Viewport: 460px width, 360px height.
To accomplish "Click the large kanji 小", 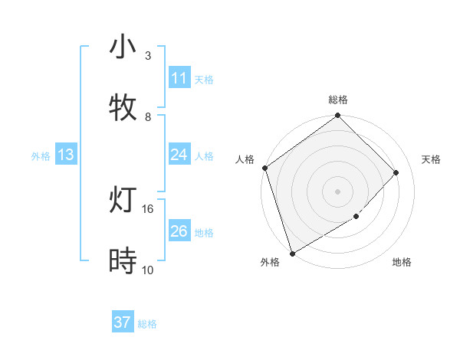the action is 123,47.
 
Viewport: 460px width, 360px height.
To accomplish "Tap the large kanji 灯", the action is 123,200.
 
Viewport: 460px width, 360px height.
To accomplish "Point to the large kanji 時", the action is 123,261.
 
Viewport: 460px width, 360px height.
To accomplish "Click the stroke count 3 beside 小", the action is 147,56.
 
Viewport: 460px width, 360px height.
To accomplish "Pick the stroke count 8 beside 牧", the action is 147,116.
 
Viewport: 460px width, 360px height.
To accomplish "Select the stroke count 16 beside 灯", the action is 148,208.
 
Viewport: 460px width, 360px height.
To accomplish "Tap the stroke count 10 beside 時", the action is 148,270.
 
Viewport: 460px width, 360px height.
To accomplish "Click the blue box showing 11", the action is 179,78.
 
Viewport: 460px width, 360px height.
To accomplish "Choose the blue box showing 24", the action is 179,155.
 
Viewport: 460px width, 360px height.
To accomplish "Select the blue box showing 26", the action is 179,231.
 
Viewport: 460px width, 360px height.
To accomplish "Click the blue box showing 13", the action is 66,155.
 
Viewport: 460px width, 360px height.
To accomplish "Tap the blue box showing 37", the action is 122,322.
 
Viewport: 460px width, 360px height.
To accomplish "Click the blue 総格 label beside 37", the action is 147,324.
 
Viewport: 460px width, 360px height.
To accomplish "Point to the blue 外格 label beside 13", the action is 41,156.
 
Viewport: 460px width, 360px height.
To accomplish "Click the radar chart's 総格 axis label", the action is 338,100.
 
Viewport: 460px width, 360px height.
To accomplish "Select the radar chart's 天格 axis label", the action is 431,159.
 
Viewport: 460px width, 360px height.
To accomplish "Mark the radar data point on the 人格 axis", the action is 264,168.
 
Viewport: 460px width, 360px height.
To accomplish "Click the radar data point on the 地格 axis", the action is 356,217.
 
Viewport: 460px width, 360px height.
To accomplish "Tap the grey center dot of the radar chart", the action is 337,191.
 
